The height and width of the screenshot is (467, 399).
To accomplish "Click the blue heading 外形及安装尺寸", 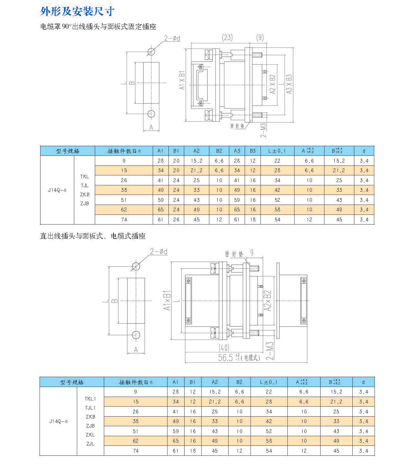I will coord(77,11).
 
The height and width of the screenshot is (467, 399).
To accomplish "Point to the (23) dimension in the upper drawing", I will coord(227,38).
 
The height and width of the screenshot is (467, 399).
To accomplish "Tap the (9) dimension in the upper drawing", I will coord(260,38).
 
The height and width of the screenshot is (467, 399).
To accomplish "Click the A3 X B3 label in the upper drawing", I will coord(289,84).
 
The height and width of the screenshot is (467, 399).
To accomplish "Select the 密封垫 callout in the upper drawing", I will coord(237,126).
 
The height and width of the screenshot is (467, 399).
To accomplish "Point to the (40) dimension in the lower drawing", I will coord(224,348).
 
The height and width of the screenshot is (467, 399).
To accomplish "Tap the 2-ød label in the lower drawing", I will coord(159,251).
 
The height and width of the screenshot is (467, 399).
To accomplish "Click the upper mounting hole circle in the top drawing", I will coord(151,52).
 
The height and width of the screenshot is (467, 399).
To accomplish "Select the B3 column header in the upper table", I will coord(253,151).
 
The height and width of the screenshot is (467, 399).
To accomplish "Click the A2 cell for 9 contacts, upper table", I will coord(196,161).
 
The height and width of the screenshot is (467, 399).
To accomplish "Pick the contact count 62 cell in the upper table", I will coord(124,210).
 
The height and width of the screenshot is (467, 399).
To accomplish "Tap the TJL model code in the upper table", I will coord(85,186).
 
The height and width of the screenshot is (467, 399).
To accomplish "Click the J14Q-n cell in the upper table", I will coord(57,190).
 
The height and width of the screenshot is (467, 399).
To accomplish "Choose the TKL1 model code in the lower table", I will coord(90,399).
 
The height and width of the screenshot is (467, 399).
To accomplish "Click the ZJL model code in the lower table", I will coord(90,444).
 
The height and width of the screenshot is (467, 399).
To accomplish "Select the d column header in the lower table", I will coord(363,382).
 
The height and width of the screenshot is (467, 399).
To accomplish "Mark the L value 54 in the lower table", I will coord(269,451).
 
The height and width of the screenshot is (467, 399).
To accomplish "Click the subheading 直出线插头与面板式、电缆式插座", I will coord(93,236).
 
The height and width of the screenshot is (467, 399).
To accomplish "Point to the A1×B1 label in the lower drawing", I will coord(167,300).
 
